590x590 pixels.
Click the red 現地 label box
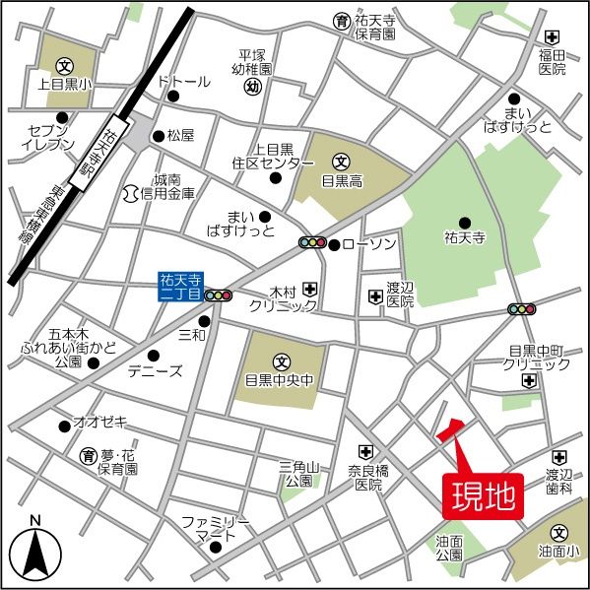[483, 495]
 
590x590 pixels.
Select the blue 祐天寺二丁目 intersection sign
[179, 286]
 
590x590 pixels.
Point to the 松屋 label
[180, 134]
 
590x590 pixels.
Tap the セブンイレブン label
[46, 137]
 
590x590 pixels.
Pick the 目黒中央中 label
[279, 378]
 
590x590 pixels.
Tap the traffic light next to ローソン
[312, 243]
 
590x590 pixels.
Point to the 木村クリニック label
[283, 298]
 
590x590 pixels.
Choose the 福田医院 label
[552, 61]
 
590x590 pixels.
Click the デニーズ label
[155, 371]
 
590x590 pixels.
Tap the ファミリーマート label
[215, 528]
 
